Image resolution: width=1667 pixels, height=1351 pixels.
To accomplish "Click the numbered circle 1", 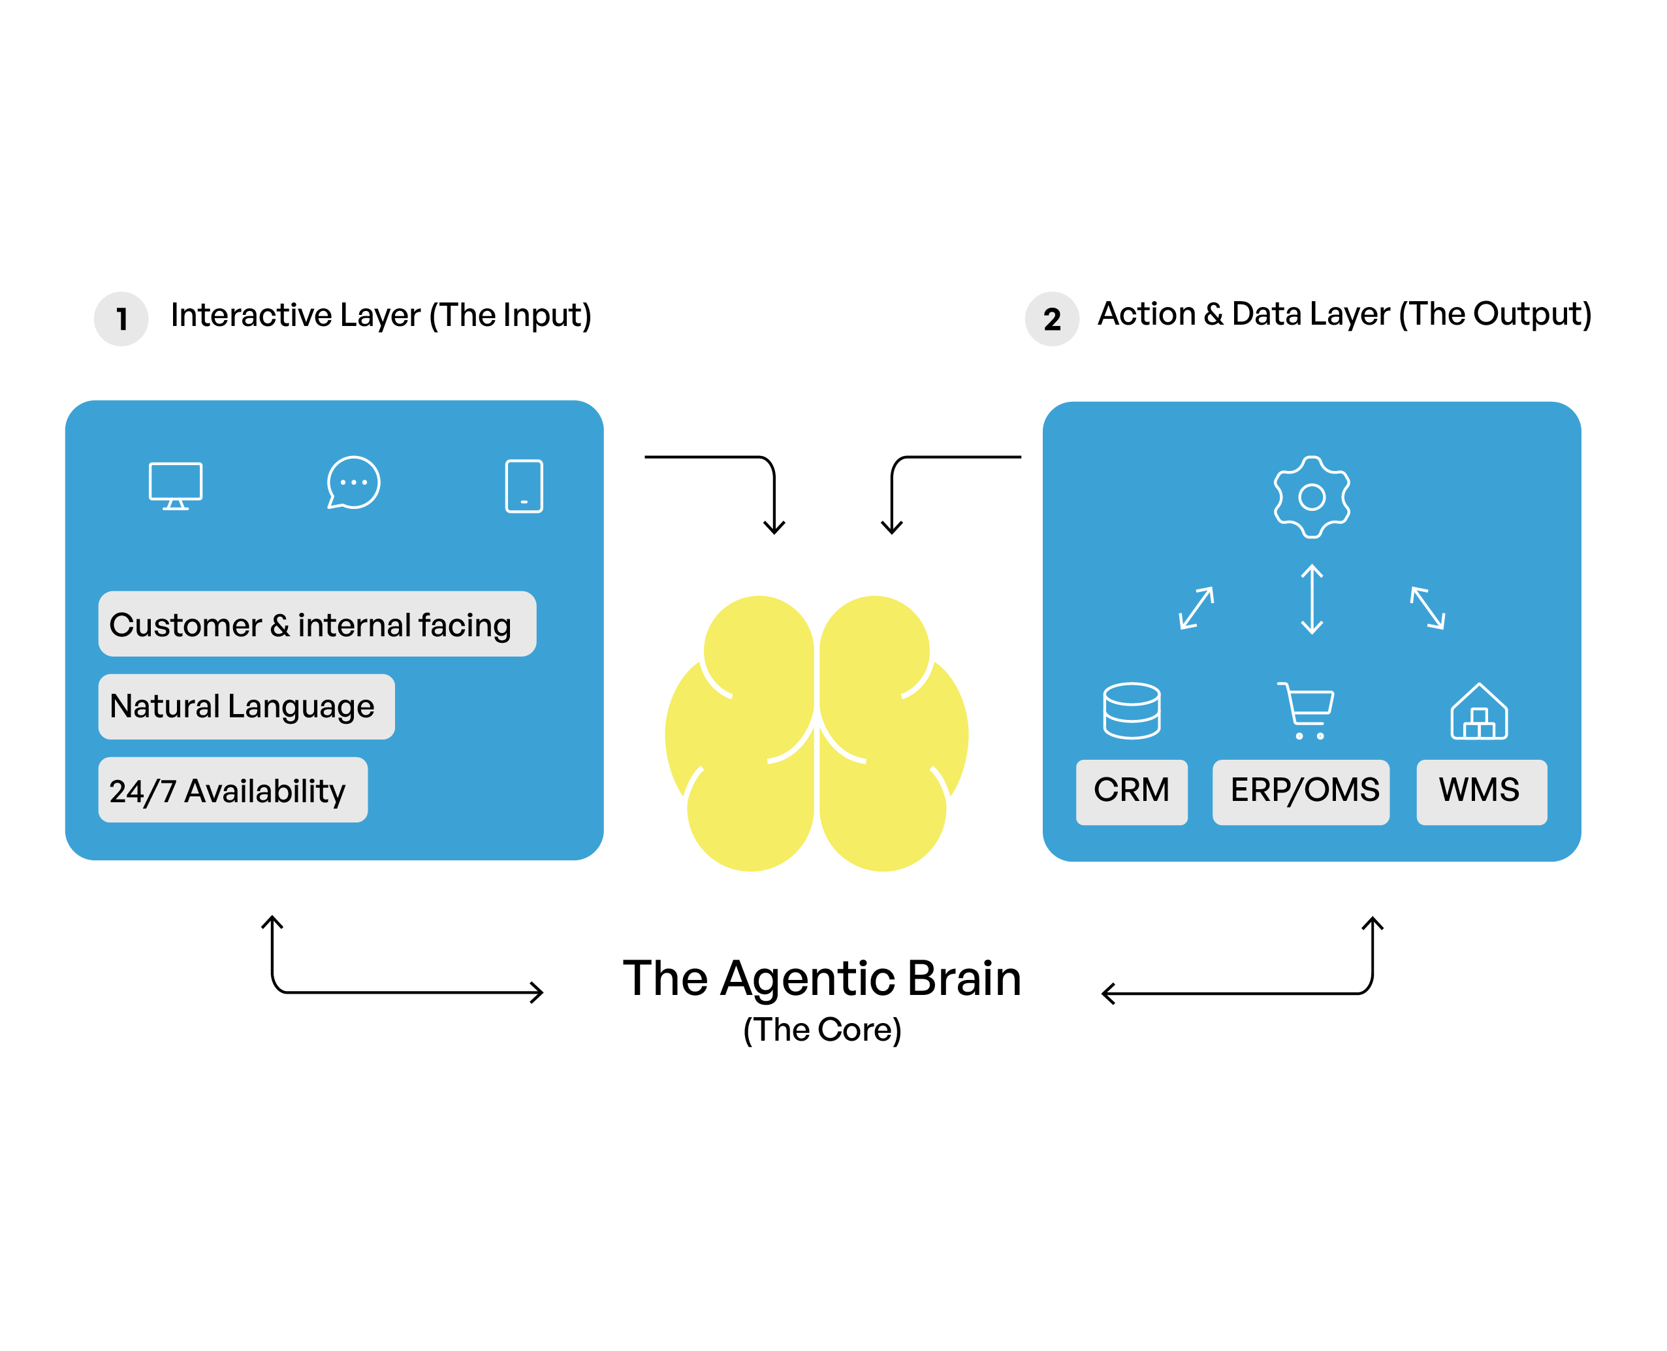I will click(121, 318).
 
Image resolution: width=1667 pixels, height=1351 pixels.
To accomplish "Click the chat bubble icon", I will click(353, 483).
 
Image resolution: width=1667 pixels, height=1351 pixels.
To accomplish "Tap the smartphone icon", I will click(524, 485).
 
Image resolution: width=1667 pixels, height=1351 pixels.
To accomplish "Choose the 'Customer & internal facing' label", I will click(317, 623).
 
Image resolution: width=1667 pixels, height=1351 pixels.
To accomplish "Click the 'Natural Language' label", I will click(246, 706).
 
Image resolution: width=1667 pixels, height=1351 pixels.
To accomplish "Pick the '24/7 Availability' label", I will click(232, 789).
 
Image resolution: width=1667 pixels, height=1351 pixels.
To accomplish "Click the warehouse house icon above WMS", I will click(1478, 711).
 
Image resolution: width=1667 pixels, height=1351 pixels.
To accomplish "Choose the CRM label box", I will click(1131, 790).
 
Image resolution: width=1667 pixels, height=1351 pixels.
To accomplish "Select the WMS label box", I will click(1480, 790).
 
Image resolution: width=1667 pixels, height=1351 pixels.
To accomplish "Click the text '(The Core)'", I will click(821, 1029).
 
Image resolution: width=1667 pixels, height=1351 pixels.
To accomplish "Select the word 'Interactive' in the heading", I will click(251, 315).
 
